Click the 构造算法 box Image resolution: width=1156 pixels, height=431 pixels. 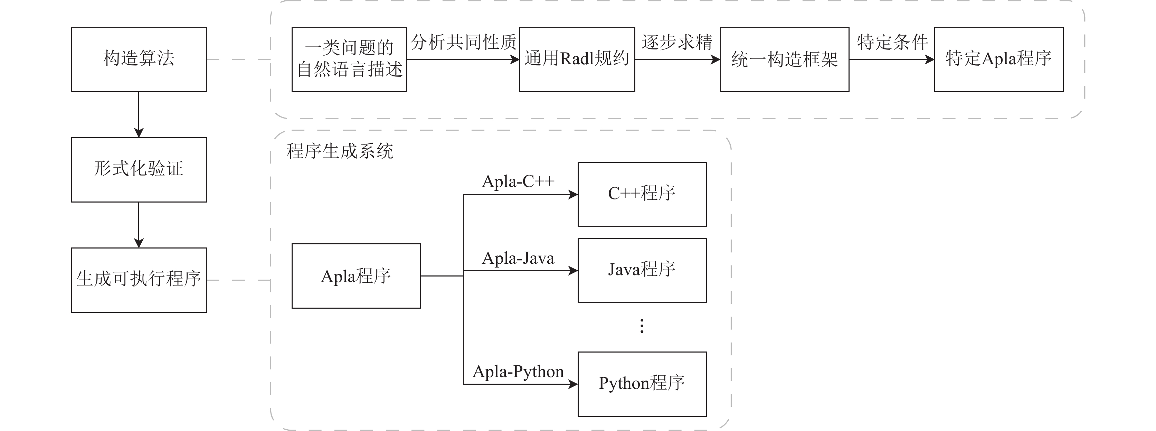tap(139, 60)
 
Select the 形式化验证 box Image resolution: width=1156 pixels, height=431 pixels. tap(139, 170)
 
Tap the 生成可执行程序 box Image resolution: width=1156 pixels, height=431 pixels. tap(139, 280)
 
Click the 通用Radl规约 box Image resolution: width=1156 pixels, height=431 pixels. tap(577, 60)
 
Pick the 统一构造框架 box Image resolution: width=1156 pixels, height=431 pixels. tap(784, 60)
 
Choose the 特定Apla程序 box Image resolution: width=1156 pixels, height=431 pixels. tap(998, 60)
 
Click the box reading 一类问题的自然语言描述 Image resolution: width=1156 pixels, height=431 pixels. tap(349, 60)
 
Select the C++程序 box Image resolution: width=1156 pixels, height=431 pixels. tap(642, 194)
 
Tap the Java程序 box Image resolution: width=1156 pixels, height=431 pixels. tap(642, 270)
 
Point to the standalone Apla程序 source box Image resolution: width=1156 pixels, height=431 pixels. tap(356, 276)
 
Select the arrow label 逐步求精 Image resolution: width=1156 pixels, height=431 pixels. tap(677, 42)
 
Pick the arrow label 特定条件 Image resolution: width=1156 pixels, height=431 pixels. tap(892, 42)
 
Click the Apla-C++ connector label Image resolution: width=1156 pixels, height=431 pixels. tap(518, 181)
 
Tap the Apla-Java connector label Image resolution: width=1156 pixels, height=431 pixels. tap(518, 258)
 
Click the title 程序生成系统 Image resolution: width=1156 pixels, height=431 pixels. tap(340, 151)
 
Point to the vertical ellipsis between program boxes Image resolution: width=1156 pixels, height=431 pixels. tap(642, 326)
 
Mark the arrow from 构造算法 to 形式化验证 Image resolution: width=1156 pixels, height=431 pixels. tap(139, 114)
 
